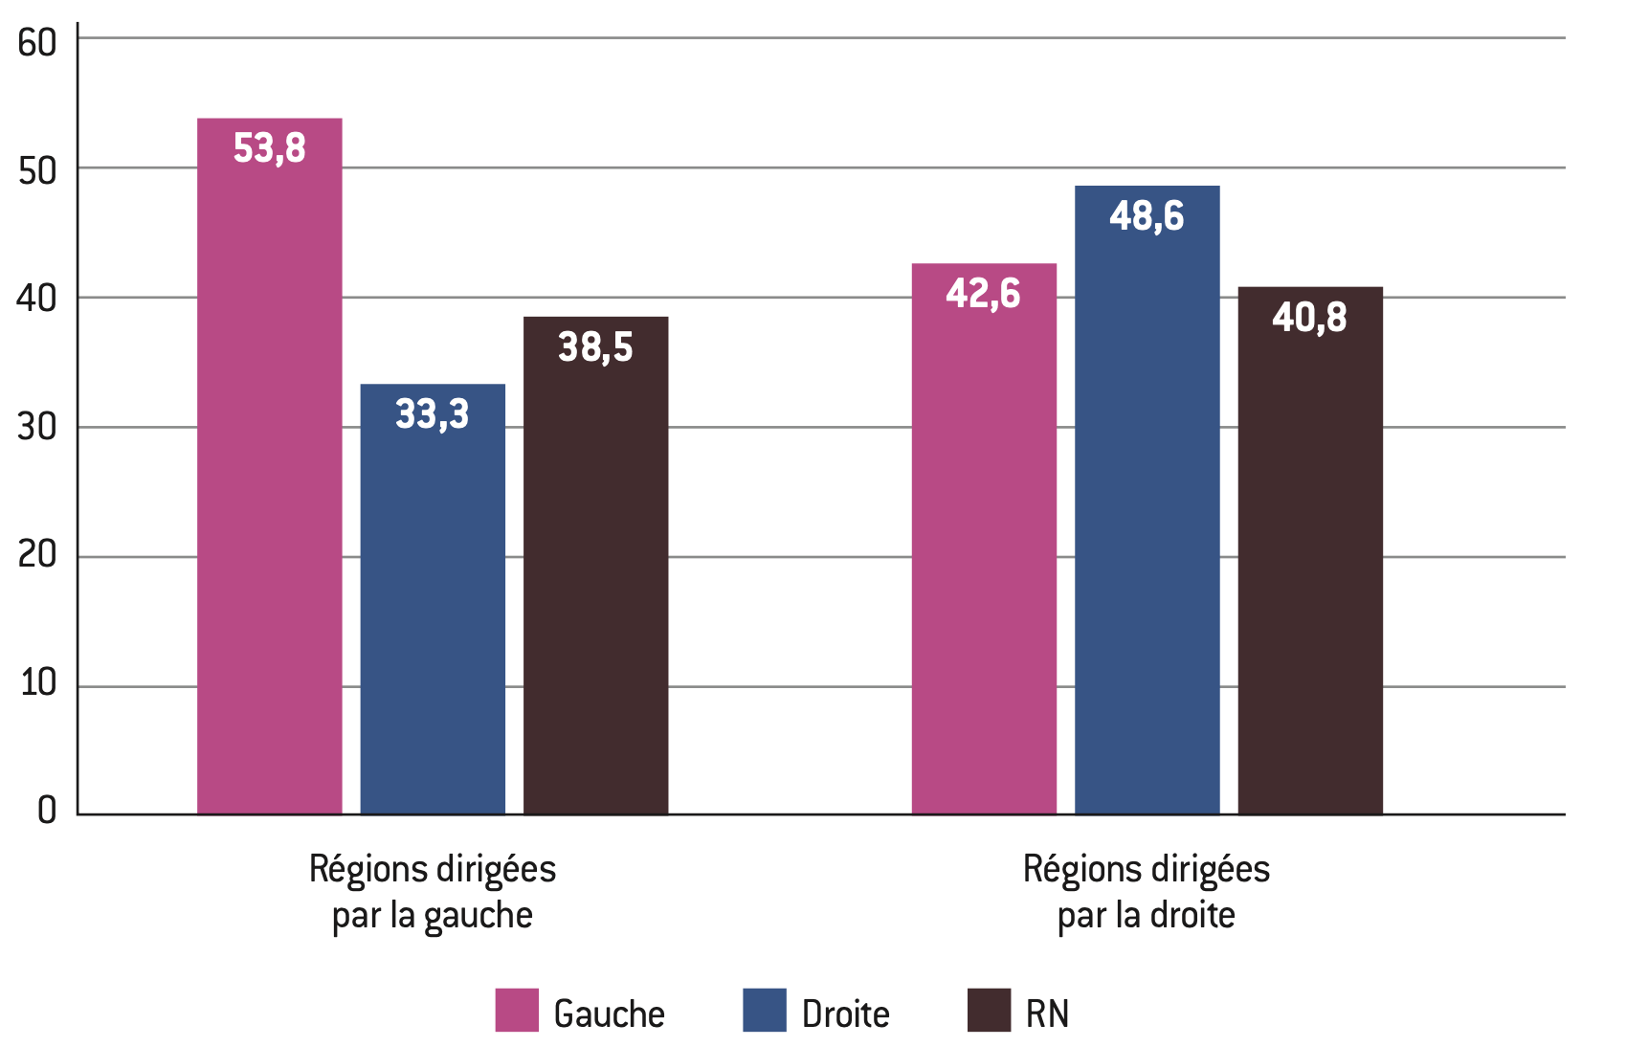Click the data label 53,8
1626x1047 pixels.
(269, 149)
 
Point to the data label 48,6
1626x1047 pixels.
(1147, 216)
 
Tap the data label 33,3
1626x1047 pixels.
(433, 414)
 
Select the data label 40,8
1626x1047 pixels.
(1309, 318)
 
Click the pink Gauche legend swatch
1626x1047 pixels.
(517, 1011)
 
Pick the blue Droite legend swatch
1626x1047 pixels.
(764, 1011)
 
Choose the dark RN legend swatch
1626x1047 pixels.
(989, 1011)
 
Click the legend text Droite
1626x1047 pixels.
(845, 1014)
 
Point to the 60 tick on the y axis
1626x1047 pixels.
(37, 43)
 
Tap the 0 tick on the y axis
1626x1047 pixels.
(46, 811)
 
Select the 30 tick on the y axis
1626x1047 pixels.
(37, 427)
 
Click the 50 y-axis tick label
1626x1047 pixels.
(37, 171)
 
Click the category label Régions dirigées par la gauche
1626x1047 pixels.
(433, 892)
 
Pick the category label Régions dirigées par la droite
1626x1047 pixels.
(1147, 892)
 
